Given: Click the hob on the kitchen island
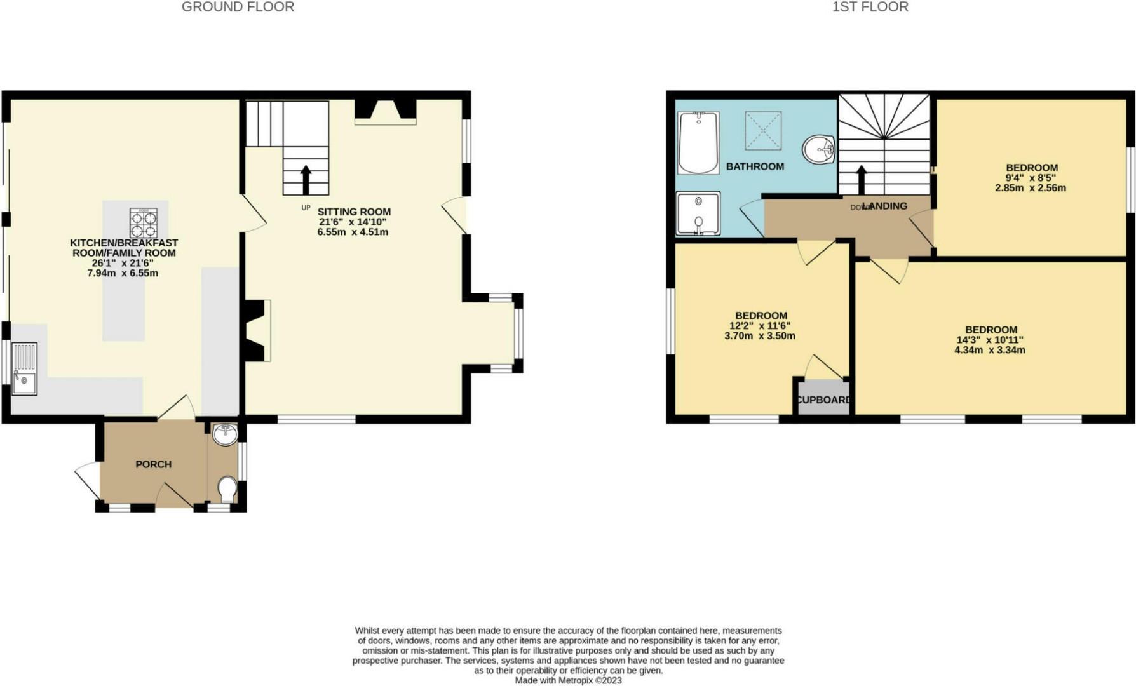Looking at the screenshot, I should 143,224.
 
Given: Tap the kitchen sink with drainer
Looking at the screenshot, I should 25,369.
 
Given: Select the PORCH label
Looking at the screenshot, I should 153,464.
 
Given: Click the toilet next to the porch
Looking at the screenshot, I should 227,489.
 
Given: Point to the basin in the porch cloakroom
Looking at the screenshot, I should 224,434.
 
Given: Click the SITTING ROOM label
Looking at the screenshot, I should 354,212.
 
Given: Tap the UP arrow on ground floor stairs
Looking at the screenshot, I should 306,179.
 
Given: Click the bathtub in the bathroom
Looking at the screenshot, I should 698,143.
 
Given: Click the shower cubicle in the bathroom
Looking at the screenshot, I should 698,213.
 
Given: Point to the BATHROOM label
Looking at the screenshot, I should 755,166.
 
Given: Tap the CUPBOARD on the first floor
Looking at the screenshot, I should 823,400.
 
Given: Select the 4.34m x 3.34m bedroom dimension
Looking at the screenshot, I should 990,350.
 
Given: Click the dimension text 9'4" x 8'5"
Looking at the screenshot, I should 1031,178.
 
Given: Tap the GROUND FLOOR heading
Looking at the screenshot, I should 238,7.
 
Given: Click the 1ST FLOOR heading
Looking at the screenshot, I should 870,7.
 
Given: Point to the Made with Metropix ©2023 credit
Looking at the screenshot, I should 568,680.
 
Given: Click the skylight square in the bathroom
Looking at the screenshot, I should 763,130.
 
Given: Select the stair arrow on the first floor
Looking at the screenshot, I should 862,180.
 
